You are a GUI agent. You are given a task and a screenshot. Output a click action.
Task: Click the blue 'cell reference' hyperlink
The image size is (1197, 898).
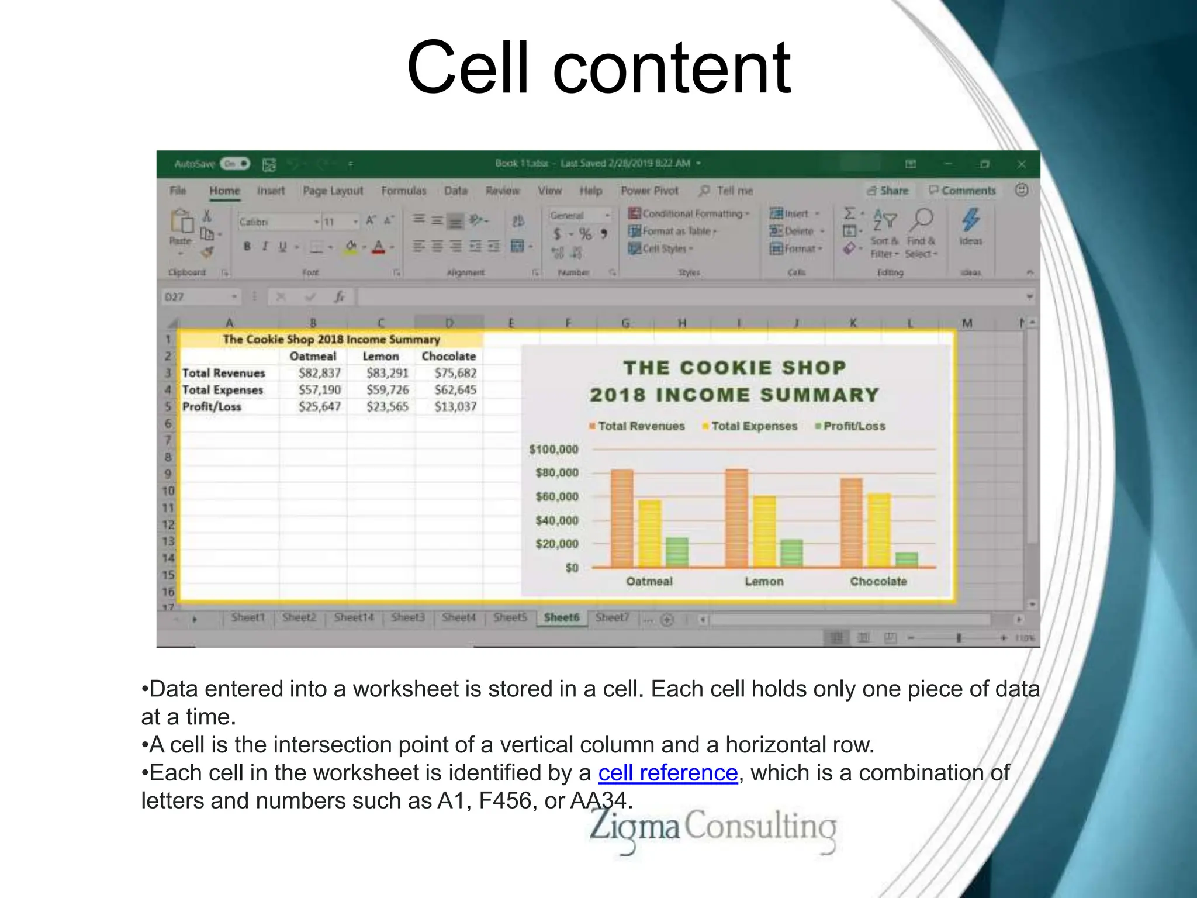click(667, 773)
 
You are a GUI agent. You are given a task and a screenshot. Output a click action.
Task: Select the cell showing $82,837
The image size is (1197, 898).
click(319, 373)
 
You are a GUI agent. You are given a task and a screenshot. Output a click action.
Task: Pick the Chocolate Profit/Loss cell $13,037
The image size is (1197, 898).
click(455, 406)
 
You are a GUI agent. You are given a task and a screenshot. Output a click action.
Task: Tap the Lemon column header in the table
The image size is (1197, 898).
click(380, 356)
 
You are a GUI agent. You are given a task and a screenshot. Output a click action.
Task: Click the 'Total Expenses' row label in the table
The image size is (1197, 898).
click(223, 390)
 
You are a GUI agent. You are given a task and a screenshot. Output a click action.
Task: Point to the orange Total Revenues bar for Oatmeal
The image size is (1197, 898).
click(622, 518)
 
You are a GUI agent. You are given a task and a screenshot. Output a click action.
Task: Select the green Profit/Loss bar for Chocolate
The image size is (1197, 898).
click(907, 559)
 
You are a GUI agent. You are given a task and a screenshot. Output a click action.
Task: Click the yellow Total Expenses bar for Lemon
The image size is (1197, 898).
click(764, 531)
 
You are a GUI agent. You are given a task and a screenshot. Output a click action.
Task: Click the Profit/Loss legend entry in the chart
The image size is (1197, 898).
click(853, 426)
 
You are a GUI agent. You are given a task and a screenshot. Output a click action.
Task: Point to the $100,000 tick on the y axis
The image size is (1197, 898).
click(553, 450)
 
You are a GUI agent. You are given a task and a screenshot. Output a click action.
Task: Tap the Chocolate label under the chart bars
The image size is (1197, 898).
click(878, 582)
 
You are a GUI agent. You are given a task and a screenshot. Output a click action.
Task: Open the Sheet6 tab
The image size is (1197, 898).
click(561, 617)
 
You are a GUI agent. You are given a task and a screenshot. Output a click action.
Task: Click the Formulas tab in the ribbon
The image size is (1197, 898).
click(403, 191)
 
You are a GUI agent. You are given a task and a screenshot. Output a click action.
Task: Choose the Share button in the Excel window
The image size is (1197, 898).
click(888, 191)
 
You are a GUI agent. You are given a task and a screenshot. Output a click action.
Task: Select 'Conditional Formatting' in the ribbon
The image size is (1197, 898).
click(690, 214)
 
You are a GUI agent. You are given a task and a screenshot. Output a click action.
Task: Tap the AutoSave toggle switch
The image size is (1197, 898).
click(235, 164)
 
